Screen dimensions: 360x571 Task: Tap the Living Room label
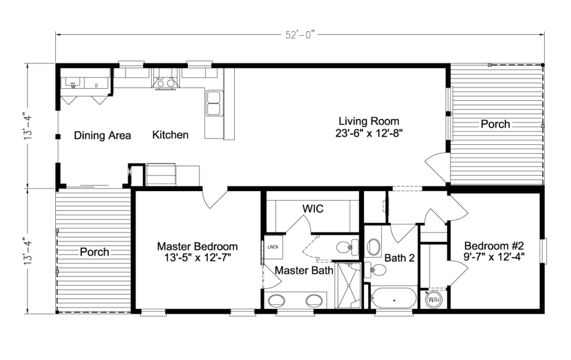(x=369, y=121)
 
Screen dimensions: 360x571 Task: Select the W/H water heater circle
(x=434, y=299)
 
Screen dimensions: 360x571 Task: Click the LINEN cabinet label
(x=273, y=247)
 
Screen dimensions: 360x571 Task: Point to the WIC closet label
(x=313, y=208)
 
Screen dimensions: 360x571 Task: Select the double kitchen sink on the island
(x=214, y=103)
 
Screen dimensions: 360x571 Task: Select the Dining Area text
(x=103, y=135)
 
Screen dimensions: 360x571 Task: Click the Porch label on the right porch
(x=495, y=124)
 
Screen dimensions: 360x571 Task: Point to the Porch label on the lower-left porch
(x=94, y=252)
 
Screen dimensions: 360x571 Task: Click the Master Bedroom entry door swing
(x=215, y=199)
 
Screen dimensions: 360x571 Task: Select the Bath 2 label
(x=399, y=257)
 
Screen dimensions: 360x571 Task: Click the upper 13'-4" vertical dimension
(x=25, y=127)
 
